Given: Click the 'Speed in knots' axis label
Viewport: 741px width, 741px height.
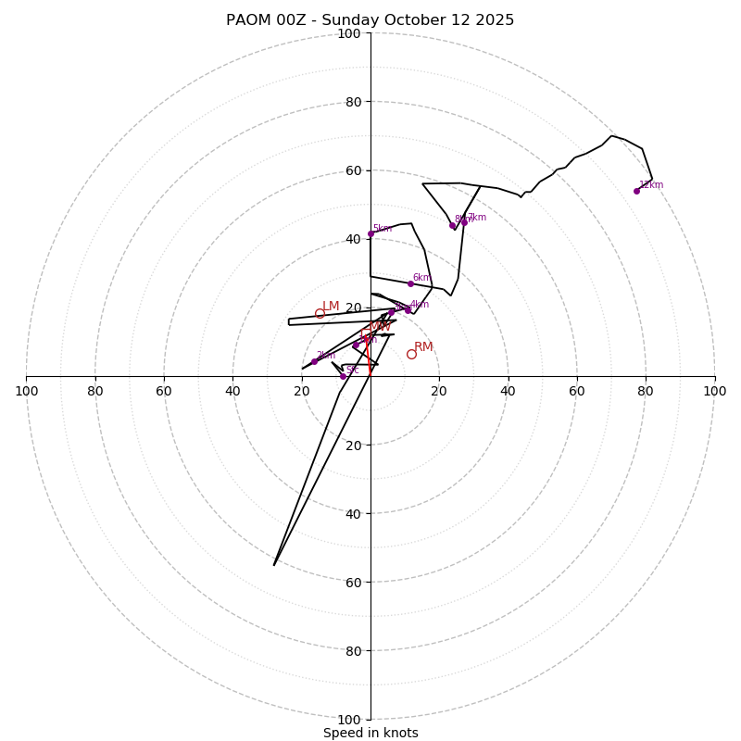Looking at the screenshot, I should [370, 733].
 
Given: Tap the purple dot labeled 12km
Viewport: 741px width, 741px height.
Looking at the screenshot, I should [636, 191].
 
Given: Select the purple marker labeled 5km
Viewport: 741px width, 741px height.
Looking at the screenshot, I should [370, 233].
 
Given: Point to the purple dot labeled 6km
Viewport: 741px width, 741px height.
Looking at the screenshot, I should [410, 283].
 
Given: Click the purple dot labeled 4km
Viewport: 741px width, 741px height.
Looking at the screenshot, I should [408, 310].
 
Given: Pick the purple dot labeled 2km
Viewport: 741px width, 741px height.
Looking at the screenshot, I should [314, 361].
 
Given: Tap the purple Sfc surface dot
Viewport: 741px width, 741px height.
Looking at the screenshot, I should [343, 376].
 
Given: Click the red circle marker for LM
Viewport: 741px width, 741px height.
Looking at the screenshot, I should [320, 313].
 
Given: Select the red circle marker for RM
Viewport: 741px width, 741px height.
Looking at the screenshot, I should [411, 354].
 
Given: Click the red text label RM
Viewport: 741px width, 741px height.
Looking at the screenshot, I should [423, 347].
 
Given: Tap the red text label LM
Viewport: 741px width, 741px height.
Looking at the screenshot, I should [331, 307].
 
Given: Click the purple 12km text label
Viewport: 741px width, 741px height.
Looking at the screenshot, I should [651, 185].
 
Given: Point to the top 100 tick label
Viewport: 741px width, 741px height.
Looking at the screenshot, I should [349, 34].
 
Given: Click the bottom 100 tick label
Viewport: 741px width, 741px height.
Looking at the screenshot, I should [349, 720].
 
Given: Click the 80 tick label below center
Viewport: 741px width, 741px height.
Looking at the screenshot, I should [353, 651].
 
